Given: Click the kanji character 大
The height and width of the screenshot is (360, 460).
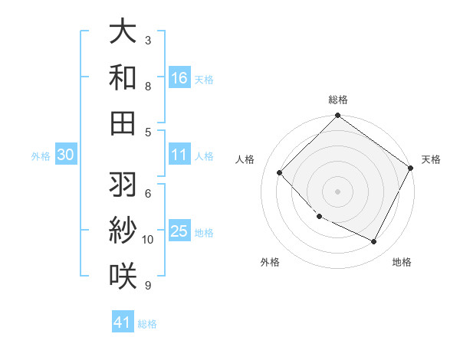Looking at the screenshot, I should [x=123, y=31].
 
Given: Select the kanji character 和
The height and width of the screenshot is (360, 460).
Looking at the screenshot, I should [x=123, y=77].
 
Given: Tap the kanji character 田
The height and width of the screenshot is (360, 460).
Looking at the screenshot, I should [x=123, y=123].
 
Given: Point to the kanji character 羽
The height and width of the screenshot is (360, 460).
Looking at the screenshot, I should [x=123, y=185].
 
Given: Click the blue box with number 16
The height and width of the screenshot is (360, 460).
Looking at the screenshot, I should [x=179, y=77].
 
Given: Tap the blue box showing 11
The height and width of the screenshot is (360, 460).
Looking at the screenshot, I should [x=179, y=155].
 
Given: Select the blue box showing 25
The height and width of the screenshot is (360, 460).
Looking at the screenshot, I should [x=179, y=231].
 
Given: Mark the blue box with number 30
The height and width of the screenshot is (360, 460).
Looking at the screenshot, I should [x=66, y=155].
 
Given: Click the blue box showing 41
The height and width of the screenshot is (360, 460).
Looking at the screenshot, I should [x=123, y=322].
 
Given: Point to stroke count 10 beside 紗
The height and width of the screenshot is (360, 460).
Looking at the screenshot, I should [x=148, y=240].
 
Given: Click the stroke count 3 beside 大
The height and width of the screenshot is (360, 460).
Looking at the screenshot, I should [x=148, y=40].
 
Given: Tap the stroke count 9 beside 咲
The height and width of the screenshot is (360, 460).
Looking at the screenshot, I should [x=148, y=286].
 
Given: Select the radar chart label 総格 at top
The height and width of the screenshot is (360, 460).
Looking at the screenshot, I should [x=337, y=100].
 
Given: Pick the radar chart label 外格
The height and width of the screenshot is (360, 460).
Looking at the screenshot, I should [x=270, y=262].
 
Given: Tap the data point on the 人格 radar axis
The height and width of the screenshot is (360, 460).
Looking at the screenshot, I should [x=280, y=173].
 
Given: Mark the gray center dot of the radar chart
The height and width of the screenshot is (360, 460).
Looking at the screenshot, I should [x=337, y=191].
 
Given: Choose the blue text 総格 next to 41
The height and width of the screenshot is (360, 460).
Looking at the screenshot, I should [x=147, y=324].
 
